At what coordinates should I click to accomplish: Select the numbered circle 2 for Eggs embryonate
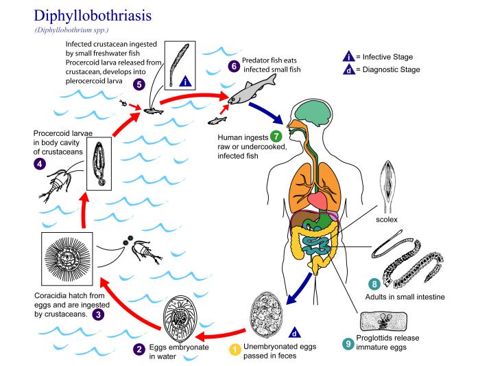[139, 350]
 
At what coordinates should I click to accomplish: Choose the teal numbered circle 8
[374, 284]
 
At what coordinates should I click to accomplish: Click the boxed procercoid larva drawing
[100, 163]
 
